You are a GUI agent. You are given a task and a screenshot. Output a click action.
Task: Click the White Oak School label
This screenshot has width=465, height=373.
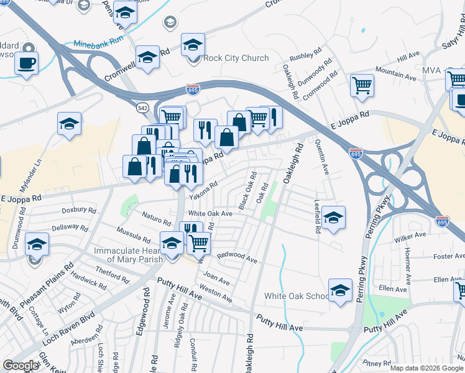(x=296, y=296)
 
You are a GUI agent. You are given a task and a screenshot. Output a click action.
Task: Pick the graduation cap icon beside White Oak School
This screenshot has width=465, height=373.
(x=340, y=291)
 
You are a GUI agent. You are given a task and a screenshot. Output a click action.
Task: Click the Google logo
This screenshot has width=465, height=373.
(x=21, y=366)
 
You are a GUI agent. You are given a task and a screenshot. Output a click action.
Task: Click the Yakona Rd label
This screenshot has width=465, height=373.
(x=203, y=189)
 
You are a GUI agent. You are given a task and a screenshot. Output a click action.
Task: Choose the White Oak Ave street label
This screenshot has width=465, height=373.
(x=210, y=213)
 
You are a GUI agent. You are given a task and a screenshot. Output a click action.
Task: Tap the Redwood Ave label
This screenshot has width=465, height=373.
(x=236, y=257)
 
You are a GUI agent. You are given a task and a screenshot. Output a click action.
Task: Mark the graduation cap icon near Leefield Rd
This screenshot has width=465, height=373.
(x=334, y=218)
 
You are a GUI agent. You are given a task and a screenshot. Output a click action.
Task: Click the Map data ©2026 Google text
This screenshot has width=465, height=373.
(x=426, y=368)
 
